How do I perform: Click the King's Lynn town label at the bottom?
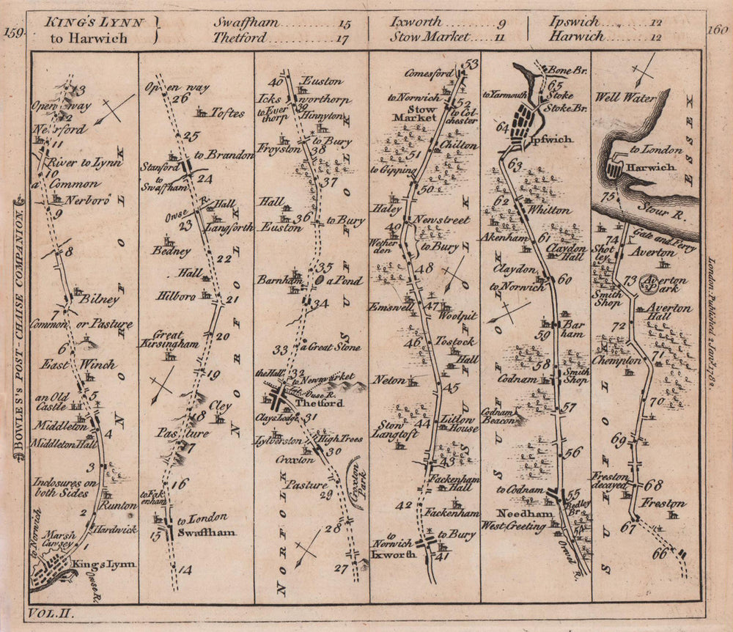coord(104,563)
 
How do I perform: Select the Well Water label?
coord(625,96)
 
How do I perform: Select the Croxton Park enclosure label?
coord(356,482)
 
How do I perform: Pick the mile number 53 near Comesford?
coord(471,63)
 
